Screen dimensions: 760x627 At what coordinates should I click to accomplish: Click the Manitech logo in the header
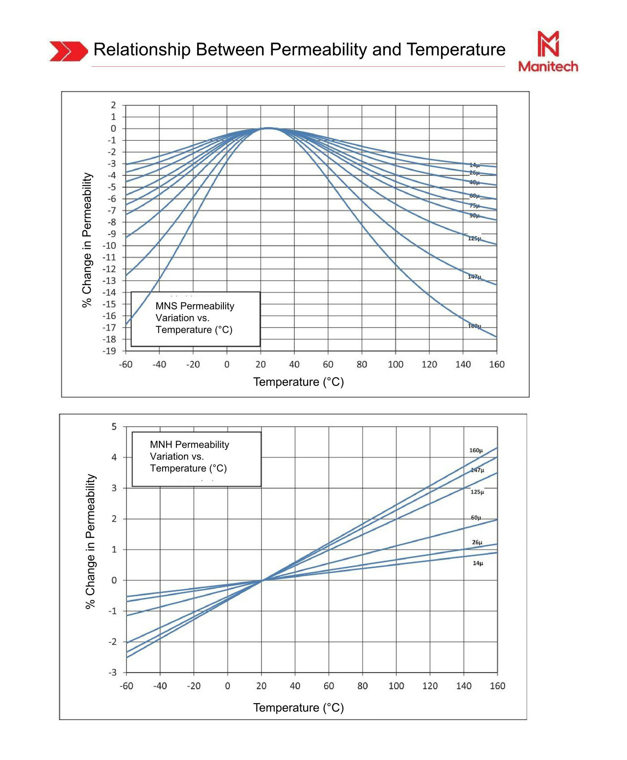pyautogui.click(x=548, y=51)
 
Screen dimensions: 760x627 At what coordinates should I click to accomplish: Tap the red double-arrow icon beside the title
pyautogui.click(x=69, y=51)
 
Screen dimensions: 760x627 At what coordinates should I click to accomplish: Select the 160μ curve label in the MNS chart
pyautogui.click(x=474, y=326)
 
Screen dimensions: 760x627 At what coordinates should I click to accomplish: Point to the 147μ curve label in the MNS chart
pyautogui.click(x=474, y=277)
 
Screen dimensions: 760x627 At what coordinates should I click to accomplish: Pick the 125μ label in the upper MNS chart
pyautogui.click(x=474, y=238)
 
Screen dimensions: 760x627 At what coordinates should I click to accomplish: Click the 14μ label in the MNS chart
pyautogui.click(x=474, y=165)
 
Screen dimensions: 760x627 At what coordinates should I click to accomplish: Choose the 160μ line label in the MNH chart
pyautogui.click(x=476, y=450)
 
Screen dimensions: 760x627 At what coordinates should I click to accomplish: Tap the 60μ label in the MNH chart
pyautogui.click(x=476, y=518)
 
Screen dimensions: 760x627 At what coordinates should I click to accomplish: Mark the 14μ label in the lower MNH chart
pyautogui.click(x=478, y=563)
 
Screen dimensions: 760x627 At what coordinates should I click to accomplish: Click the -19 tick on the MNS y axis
pyautogui.click(x=109, y=351)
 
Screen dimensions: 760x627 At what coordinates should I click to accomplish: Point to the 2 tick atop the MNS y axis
pyautogui.click(x=113, y=105)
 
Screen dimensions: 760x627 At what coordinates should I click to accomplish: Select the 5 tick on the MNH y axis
pyautogui.click(x=114, y=427)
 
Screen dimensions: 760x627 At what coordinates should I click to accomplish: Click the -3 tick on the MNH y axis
pyautogui.click(x=112, y=672)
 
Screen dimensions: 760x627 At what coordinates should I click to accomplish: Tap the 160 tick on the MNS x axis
pyautogui.click(x=497, y=364)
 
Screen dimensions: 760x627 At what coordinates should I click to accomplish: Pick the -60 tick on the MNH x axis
pyautogui.click(x=126, y=686)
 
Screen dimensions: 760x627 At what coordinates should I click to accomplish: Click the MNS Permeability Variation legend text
pyautogui.click(x=195, y=318)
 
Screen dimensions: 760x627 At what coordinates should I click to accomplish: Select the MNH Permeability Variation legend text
pyautogui.click(x=189, y=456)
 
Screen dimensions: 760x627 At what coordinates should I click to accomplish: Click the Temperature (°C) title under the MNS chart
pyautogui.click(x=298, y=382)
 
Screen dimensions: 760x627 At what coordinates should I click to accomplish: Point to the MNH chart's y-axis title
pyautogui.click(x=91, y=541)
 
